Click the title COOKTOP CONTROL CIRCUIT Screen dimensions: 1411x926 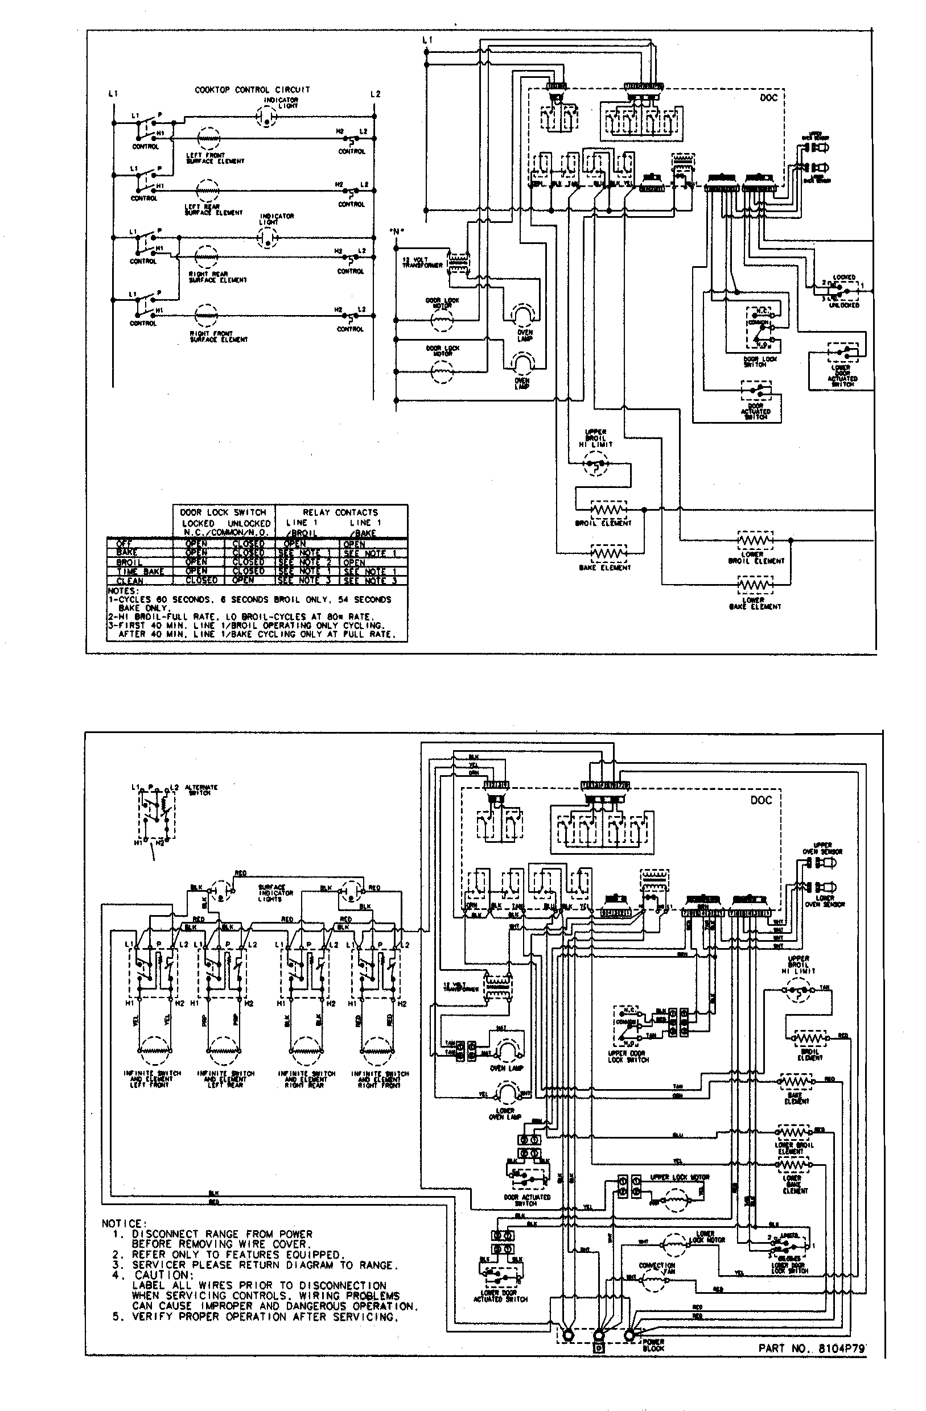coord(252,89)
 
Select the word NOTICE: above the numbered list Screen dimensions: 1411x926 coord(122,1224)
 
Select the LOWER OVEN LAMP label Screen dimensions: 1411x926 coord(505,1114)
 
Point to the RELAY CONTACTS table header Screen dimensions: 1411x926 coord(340,512)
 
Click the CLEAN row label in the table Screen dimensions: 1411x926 coord(130,581)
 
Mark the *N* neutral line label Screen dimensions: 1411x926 coord(396,231)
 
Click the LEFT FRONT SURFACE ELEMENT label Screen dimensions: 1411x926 coord(214,158)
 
